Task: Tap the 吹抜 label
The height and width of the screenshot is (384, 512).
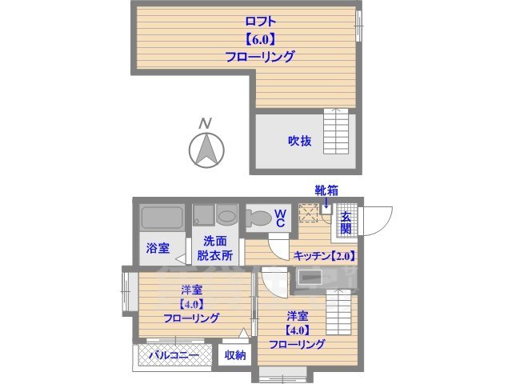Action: [x=300, y=142]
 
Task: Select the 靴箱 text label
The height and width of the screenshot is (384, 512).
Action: [x=326, y=190]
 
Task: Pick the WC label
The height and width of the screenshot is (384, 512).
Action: [x=281, y=218]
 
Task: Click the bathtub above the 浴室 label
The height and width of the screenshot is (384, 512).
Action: [x=163, y=218]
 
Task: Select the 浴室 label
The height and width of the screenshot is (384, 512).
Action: [x=157, y=248]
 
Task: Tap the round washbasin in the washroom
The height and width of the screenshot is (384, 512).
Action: [x=226, y=217]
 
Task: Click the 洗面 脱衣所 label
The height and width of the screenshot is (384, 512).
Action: [x=217, y=249]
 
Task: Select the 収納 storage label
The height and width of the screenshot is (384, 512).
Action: [x=234, y=355]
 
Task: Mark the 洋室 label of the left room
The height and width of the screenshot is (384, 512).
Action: [x=191, y=289]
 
